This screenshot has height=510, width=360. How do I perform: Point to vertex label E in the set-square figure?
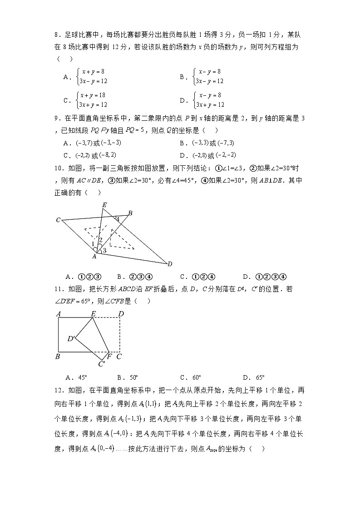(x=104, y=205)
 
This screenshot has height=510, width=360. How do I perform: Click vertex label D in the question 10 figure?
(x=169, y=264)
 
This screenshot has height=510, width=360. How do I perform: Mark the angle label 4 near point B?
(x=117, y=218)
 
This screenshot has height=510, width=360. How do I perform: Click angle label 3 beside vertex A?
(x=104, y=251)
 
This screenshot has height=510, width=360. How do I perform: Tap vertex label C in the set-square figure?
(x=58, y=220)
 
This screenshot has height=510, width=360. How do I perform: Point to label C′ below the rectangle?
(x=102, y=363)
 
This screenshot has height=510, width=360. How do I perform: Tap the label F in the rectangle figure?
(x=109, y=357)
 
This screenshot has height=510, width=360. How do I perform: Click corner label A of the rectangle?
(x=58, y=313)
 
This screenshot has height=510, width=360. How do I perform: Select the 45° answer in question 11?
(x=83, y=377)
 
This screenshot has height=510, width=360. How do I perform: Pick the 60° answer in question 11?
(x=196, y=377)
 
